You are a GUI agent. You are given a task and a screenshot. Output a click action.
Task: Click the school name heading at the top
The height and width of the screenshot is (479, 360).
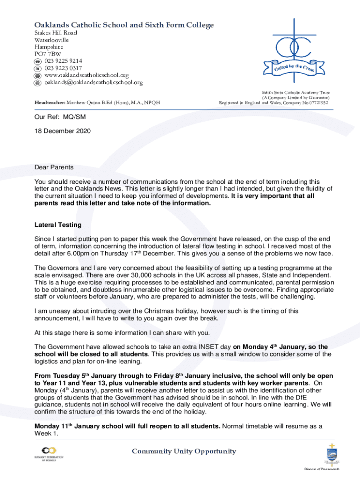tap(124, 25)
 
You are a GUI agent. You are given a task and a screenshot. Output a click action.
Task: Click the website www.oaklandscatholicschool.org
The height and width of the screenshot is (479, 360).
tap(86, 75)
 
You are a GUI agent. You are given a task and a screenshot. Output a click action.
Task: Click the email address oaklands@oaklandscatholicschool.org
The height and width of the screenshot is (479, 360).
tap(94, 82)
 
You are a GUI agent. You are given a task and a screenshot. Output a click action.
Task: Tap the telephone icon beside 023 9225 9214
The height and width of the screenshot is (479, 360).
tap(38, 61)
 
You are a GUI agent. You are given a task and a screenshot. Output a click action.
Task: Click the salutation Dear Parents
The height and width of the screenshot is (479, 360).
tap(54, 167)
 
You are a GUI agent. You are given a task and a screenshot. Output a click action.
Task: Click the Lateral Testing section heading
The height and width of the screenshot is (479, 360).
tap(58, 225)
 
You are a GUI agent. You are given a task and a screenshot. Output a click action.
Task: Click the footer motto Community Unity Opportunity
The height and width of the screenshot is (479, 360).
tap(184, 451)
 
